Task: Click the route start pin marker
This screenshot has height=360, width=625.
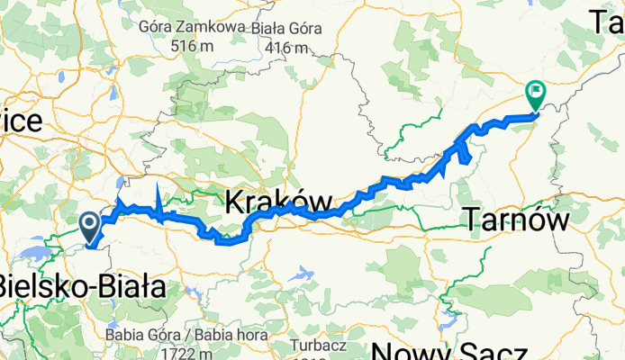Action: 90,225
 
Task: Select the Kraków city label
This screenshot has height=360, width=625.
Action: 277,202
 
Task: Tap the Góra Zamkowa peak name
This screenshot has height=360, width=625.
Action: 192,27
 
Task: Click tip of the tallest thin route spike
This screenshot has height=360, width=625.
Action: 159,183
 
